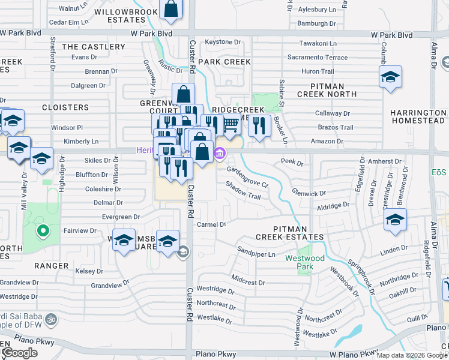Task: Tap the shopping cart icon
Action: point(231,124)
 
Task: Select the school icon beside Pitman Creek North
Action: point(390,77)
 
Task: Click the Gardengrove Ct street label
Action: point(247,176)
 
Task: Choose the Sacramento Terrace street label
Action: point(317,58)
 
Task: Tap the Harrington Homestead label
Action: point(418,117)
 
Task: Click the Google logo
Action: point(19,353)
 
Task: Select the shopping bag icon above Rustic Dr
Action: point(171,9)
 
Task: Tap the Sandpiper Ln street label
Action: point(255,254)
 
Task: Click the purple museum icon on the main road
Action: point(220,155)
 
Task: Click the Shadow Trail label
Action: point(243,192)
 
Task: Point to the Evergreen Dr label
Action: point(121,217)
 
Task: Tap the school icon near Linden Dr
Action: point(395,220)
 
